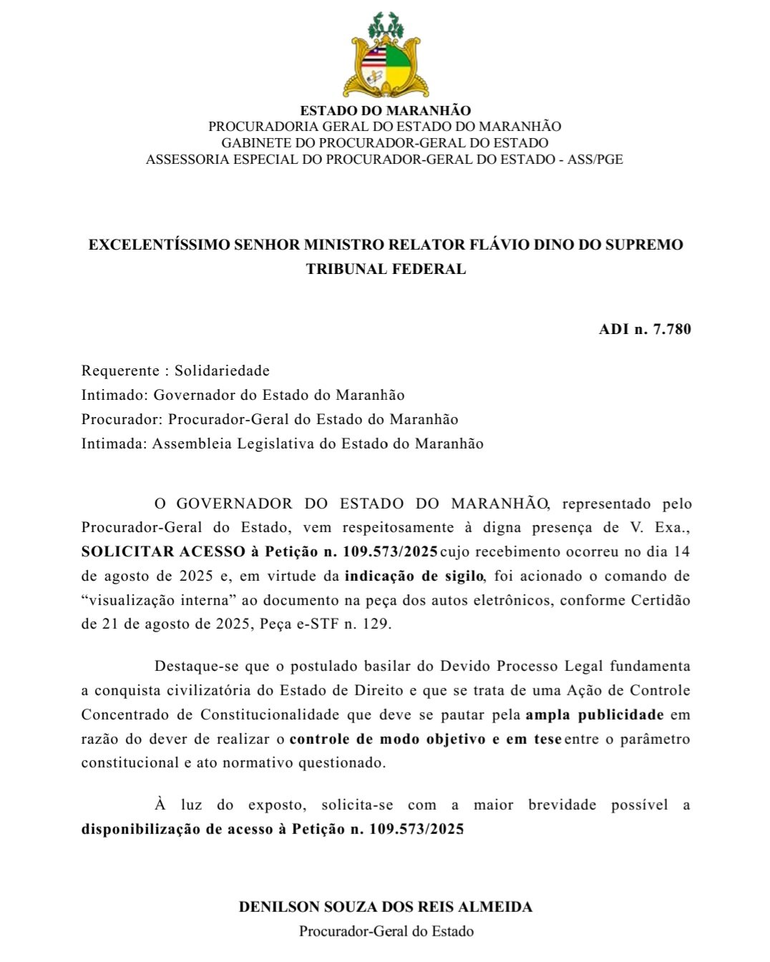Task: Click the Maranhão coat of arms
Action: [386, 56]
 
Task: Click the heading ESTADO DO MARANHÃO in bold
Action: [385, 111]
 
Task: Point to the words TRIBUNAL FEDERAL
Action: [386, 269]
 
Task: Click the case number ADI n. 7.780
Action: [645, 329]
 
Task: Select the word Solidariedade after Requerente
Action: [222, 370]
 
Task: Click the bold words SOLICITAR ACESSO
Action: [163, 551]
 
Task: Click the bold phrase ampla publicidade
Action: [594, 715]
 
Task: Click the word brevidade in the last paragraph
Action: [562, 805]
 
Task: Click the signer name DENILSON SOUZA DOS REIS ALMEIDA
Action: [386, 907]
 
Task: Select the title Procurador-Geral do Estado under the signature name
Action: [386, 931]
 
